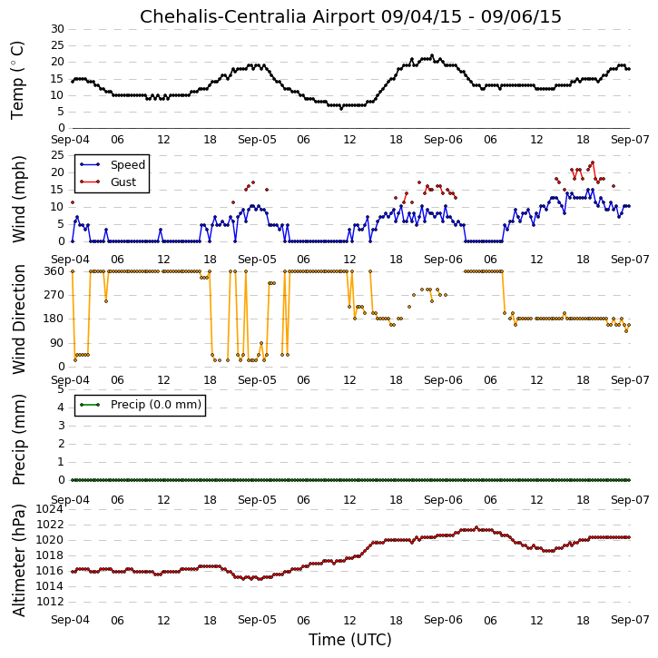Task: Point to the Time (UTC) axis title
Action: [350, 640]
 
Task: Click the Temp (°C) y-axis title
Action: [17, 80]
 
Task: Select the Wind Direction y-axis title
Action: [19, 319]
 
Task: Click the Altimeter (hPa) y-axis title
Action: [19, 560]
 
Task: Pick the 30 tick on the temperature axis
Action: [57, 29]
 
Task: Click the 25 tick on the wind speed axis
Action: [57, 155]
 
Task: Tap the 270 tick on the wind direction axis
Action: [54, 295]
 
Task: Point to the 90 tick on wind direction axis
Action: [57, 343]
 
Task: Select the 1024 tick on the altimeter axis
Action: [50, 509]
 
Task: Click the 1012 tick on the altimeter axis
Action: [50, 602]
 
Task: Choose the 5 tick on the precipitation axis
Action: [61, 389]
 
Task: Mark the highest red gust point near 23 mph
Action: [593, 162]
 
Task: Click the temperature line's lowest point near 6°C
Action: [341, 108]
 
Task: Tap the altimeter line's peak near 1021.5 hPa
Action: [476, 527]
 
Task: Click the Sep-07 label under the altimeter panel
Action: [630, 620]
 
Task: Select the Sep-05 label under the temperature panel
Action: [257, 140]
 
